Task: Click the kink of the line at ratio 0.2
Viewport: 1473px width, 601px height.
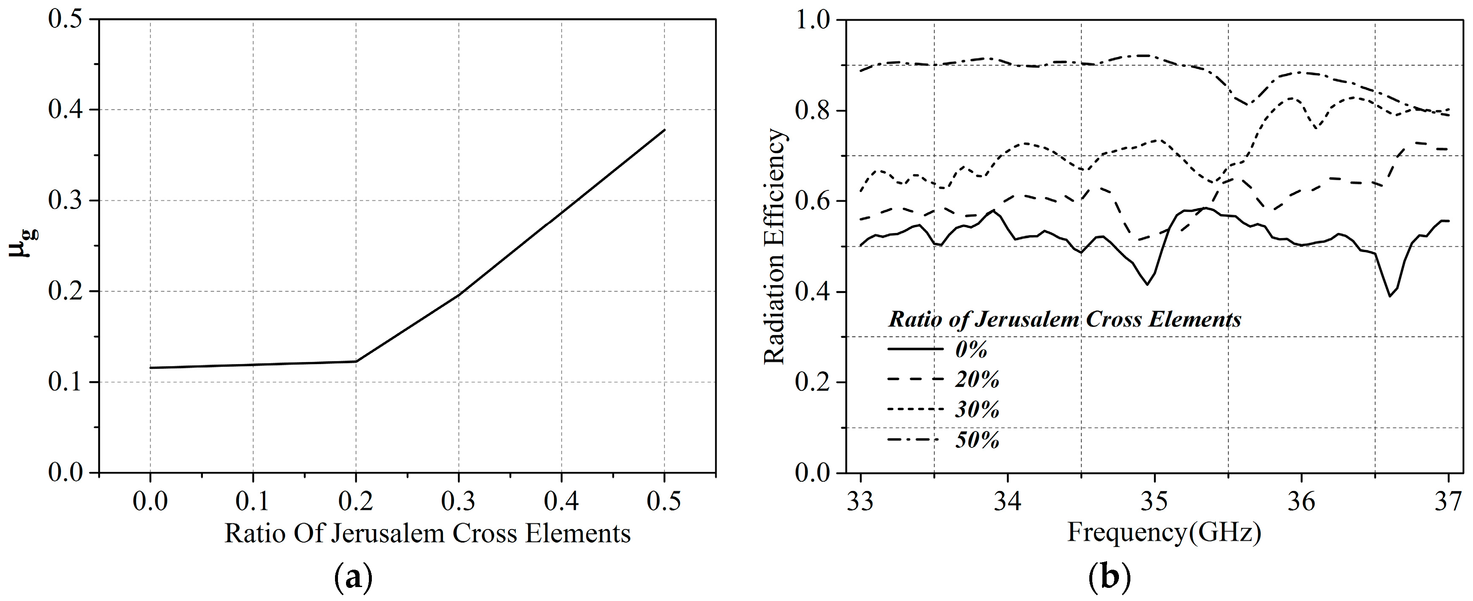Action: pos(356,361)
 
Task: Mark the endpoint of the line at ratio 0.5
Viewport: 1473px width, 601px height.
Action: pos(665,130)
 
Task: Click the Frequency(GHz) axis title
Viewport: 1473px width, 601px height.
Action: pos(1164,532)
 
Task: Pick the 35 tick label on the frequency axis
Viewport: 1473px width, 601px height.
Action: pos(1155,501)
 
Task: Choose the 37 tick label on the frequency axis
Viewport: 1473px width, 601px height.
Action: pos(1448,501)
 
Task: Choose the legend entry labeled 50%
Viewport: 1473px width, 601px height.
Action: pos(977,440)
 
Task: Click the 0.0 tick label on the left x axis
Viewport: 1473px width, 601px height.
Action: pos(150,501)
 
